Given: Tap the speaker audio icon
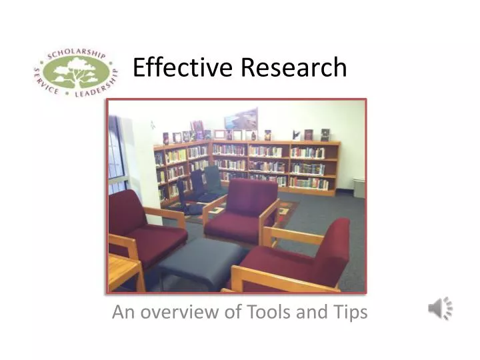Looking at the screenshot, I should (x=440, y=308).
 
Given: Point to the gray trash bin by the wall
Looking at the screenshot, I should (x=359, y=187).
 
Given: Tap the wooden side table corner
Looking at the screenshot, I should (x=123, y=270).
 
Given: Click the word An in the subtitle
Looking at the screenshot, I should (x=120, y=312).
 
